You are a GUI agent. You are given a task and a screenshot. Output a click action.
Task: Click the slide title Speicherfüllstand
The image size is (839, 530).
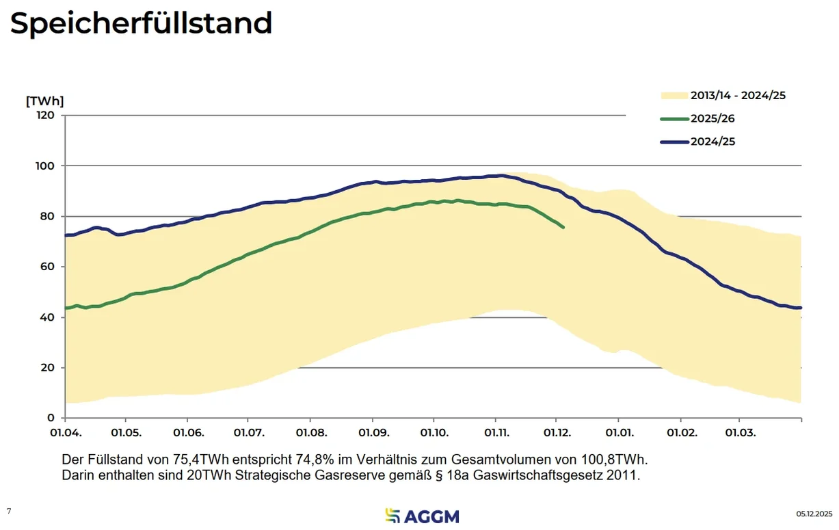(141, 24)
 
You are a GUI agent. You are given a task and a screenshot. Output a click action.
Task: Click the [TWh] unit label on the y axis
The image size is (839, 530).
(44, 101)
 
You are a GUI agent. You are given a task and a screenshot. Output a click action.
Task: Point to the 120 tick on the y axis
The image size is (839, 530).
(46, 115)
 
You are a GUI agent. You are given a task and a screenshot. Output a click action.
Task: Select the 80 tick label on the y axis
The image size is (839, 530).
(48, 216)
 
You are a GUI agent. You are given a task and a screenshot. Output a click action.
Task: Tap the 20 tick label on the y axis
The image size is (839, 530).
(48, 368)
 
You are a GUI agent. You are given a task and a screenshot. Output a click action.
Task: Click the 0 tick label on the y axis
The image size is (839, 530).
(51, 418)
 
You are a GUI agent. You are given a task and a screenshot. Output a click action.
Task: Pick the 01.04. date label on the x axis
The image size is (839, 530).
(65, 433)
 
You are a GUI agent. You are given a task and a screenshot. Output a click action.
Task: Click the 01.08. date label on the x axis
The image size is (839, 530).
(311, 433)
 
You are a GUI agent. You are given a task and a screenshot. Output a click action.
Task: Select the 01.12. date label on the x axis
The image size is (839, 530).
(557, 433)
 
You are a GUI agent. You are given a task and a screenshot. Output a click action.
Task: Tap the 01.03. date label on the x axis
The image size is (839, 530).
(741, 433)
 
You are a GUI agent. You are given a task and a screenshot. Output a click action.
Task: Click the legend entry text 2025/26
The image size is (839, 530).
(713, 119)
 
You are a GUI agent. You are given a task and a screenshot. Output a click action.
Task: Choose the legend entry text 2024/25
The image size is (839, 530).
(713, 142)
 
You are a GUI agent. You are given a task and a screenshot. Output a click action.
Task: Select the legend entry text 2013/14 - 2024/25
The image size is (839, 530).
(738, 96)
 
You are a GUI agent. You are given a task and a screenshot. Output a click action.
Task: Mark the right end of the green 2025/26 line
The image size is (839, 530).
(563, 227)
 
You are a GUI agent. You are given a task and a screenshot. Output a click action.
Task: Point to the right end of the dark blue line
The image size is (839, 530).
(801, 308)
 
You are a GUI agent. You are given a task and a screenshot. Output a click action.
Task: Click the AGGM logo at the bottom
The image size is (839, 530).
(422, 516)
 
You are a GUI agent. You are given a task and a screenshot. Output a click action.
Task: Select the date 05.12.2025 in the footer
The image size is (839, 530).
(814, 514)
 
